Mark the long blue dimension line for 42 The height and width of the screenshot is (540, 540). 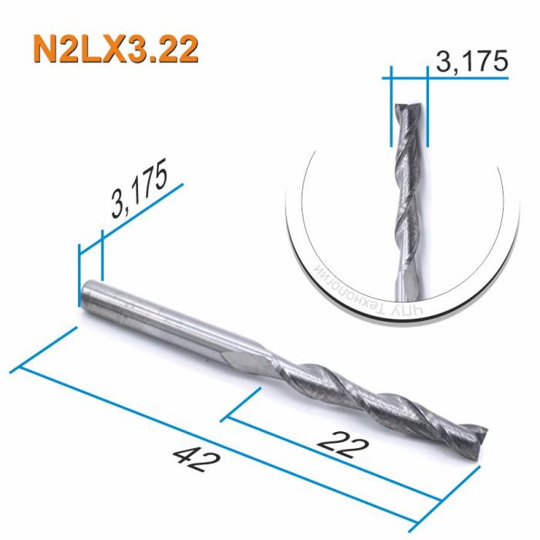click(231, 440)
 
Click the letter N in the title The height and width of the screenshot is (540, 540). click(48, 48)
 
